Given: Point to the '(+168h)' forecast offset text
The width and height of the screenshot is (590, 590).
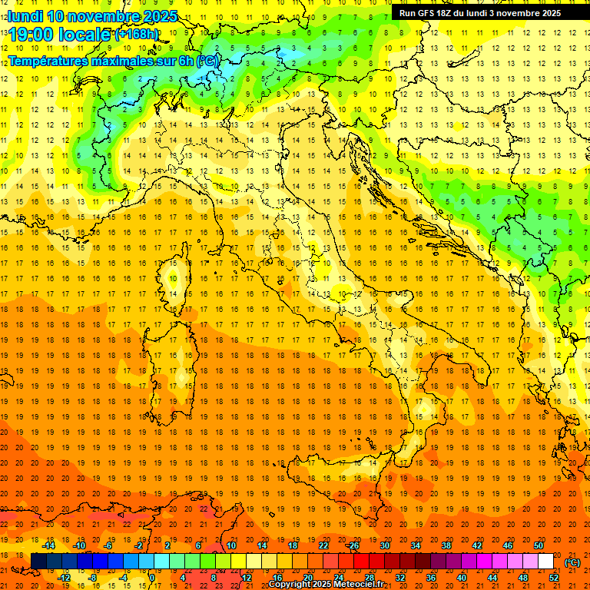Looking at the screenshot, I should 136,35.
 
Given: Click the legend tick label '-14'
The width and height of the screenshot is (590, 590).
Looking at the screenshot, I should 48,545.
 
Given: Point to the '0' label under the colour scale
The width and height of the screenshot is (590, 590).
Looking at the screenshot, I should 152,577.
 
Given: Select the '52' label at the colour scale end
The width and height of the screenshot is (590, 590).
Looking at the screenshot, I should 554,577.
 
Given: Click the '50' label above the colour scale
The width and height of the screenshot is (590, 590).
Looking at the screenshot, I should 539,545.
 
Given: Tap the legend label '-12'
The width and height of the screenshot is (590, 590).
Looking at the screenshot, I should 64,577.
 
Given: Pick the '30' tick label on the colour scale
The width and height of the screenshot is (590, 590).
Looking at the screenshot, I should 384,545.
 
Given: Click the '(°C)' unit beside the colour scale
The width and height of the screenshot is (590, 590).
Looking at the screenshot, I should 572,562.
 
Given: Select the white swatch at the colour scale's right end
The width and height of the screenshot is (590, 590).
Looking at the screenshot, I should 546,562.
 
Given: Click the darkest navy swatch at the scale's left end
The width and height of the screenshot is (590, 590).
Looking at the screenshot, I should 38,562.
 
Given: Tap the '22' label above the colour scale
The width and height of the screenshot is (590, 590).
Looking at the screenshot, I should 323,545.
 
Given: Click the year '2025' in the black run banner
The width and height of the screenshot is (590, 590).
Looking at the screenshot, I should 550,13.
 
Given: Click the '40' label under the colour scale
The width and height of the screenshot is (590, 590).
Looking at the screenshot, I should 462,577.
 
